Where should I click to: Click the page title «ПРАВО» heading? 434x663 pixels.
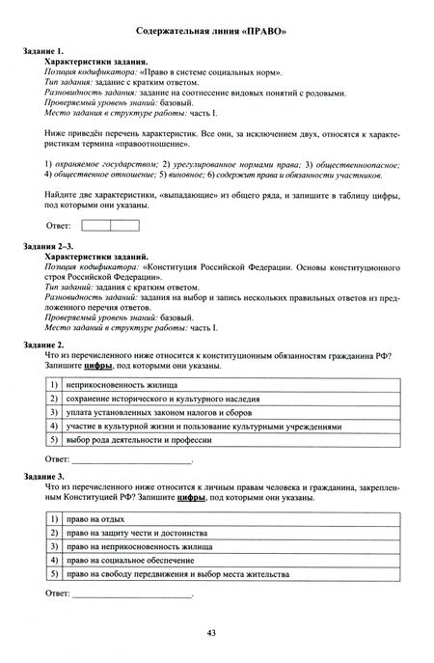pos(216,32)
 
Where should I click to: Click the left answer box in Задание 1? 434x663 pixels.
pos(97,226)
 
